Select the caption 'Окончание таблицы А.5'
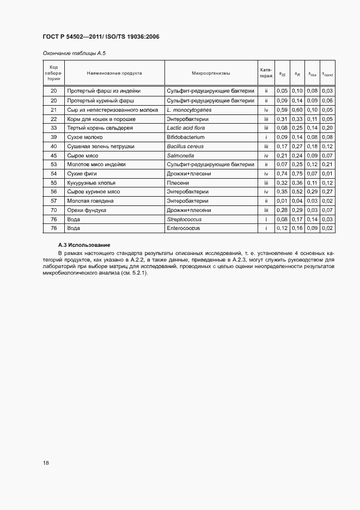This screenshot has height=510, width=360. tap(70, 53)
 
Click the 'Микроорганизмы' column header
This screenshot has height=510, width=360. tap(211, 72)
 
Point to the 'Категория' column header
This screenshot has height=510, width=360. tap(266, 72)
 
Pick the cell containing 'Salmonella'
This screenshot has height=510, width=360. tap(182, 155)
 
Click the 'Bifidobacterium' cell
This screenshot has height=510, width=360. tap(186, 137)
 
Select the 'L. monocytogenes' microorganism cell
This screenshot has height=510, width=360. tap(189, 110)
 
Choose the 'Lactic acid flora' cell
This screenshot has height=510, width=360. tap(187, 128)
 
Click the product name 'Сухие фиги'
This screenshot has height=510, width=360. tap(82, 173)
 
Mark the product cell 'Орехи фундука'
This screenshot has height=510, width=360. tap(86, 210)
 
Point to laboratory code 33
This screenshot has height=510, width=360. tap(54, 128)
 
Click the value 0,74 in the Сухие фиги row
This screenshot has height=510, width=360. tap(282, 173)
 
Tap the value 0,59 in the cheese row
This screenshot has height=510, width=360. tap(282, 110)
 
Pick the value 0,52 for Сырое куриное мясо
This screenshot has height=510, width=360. tap(297, 192)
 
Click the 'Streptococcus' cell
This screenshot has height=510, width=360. tap(184, 219)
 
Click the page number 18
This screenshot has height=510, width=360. tap(46, 463)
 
